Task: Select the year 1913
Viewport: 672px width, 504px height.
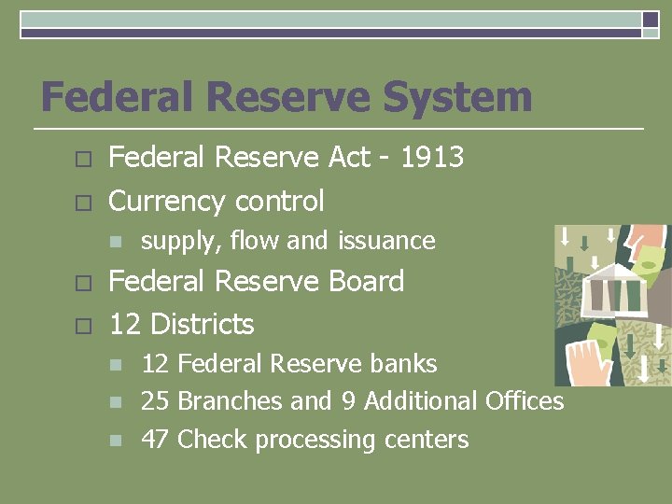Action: click(x=431, y=158)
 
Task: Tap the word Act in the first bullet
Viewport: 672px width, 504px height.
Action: click(x=350, y=158)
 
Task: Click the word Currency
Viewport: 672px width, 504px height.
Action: click(x=167, y=201)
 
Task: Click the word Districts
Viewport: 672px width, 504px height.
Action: click(x=202, y=324)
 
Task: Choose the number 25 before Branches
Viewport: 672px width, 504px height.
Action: click(x=155, y=401)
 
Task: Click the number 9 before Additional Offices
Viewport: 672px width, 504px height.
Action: click(x=348, y=401)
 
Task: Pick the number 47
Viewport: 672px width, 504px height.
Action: click(x=155, y=440)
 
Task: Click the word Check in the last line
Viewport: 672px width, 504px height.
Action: click(x=213, y=440)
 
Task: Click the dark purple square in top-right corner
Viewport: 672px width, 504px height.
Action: click(x=651, y=20)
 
